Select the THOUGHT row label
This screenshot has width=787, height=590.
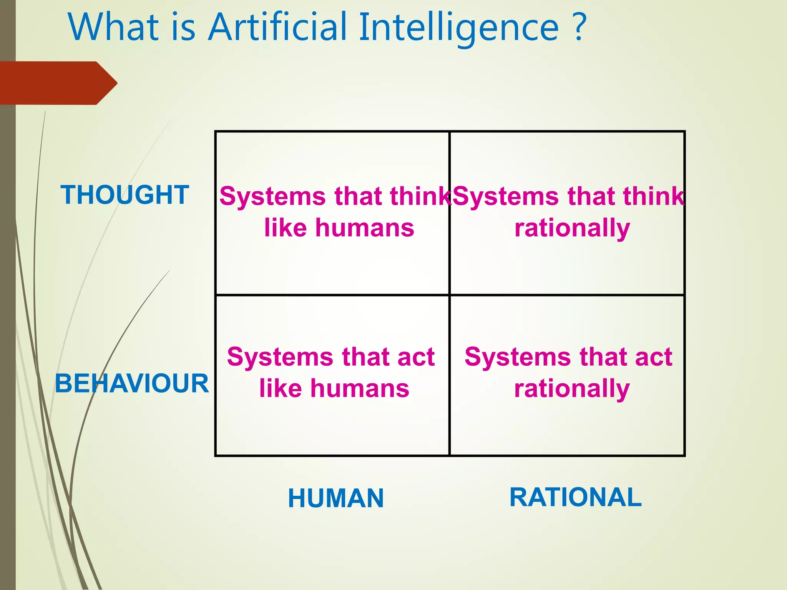[x=125, y=195]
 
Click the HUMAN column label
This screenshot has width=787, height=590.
[x=336, y=498]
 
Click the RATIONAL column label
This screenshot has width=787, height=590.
[x=575, y=497]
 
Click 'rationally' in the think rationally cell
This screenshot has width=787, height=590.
[x=572, y=228]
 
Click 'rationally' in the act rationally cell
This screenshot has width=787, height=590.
[x=572, y=389]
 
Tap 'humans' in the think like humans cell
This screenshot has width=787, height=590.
[x=365, y=228]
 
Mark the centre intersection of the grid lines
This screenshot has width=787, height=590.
[x=449, y=295]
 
